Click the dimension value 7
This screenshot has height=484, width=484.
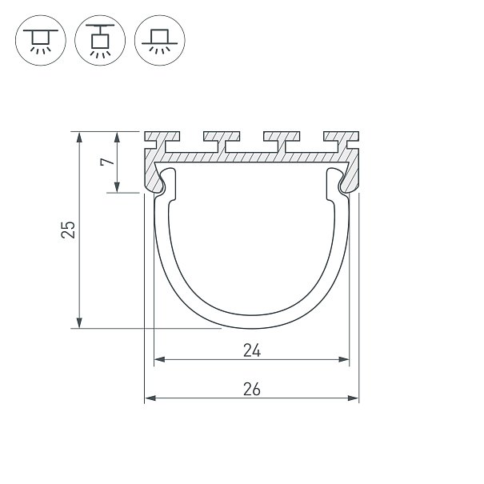pos(107,162)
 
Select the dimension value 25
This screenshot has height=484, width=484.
pos(68,230)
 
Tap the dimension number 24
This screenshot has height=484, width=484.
pos(252,351)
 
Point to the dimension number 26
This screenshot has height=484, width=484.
pos(252,390)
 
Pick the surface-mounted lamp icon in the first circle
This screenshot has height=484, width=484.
pos(41,42)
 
